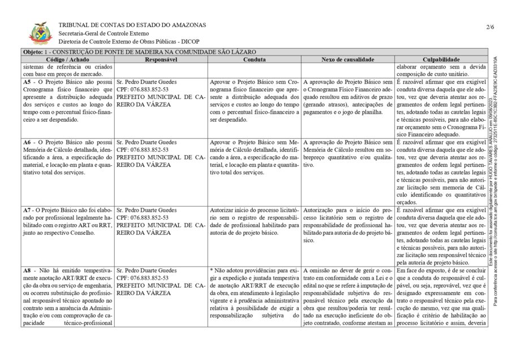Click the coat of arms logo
click(x=41, y=33)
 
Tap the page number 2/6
click(x=489, y=27)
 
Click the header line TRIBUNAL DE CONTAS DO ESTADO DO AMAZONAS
click(x=132, y=25)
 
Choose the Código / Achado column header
click(x=67, y=59)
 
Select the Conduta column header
click(x=255, y=59)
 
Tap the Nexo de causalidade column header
click(x=347, y=59)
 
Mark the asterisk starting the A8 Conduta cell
click(x=212, y=271)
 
